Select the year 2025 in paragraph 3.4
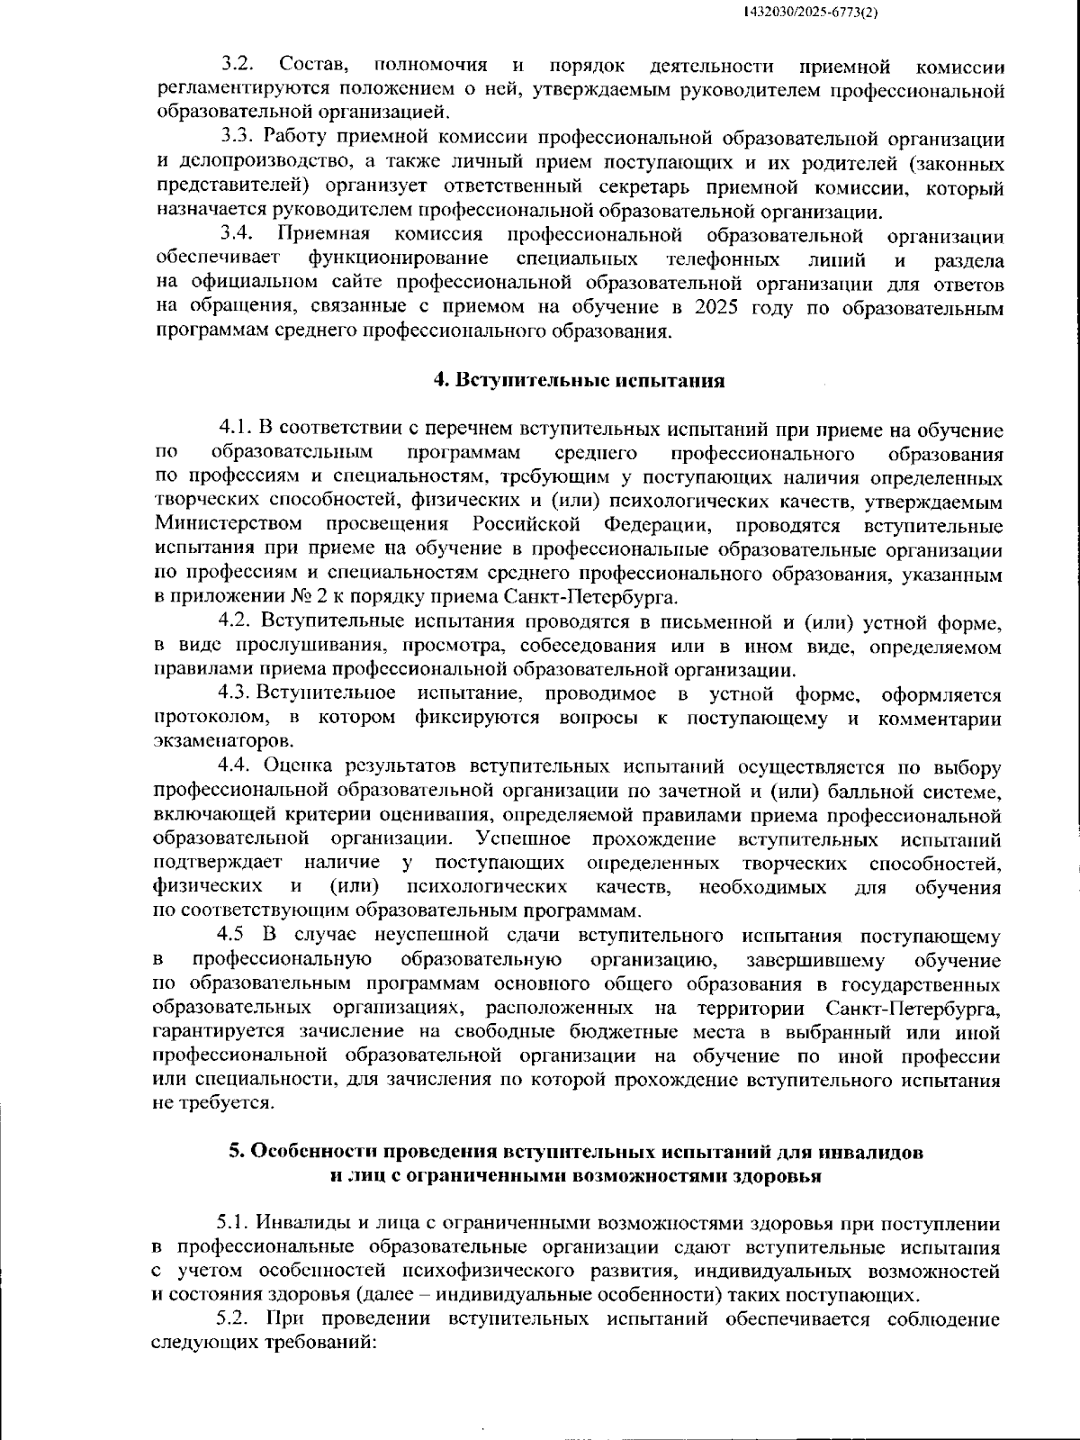(716, 307)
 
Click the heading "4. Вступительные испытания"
(579, 379)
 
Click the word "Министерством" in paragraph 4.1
(229, 525)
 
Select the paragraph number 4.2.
(236, 621)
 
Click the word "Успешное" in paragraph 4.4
(523, 838)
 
